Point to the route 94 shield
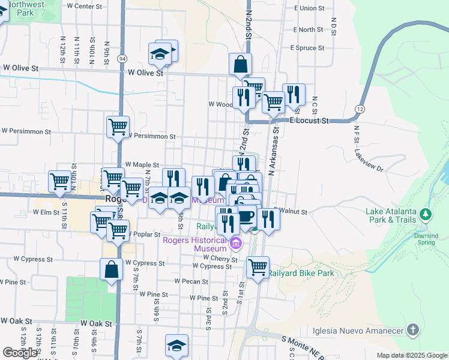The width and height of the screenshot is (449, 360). click(122, 59)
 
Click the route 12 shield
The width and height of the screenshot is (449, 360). click(359, 109)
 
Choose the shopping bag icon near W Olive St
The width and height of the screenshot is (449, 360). click(240, 64)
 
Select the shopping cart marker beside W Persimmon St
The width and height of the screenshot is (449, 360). click(118, 127)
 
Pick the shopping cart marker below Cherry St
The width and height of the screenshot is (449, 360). click(258, 267)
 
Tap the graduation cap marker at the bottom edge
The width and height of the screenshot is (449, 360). click(176, 346)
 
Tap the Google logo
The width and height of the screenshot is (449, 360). click(20, 353)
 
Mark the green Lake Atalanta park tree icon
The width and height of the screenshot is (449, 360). click(426, 214)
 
